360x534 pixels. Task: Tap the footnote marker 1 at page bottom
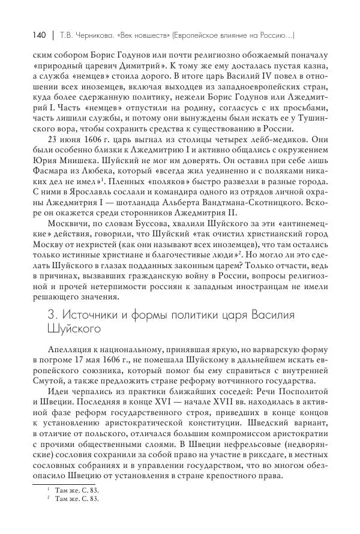[47, 489]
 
